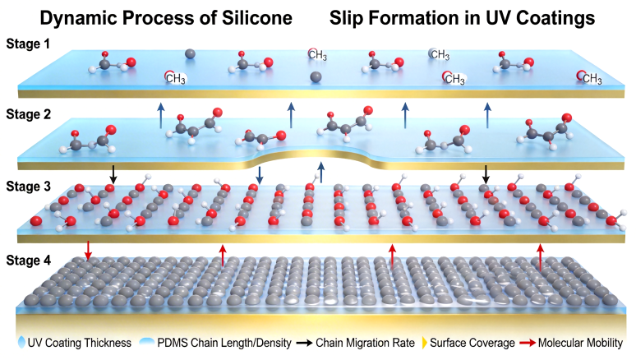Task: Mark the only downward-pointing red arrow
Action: click(89, 250)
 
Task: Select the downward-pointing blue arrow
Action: click(260, 175)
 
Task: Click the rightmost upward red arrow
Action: click(540, 256)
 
